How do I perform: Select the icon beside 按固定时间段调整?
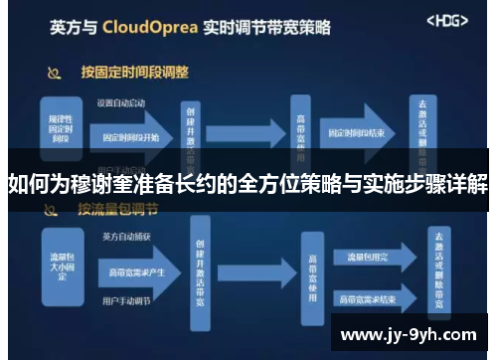(56, 73)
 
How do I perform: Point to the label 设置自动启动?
(120, 102)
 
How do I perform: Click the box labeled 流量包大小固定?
(60, 262)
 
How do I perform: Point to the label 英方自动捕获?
(118, 237)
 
